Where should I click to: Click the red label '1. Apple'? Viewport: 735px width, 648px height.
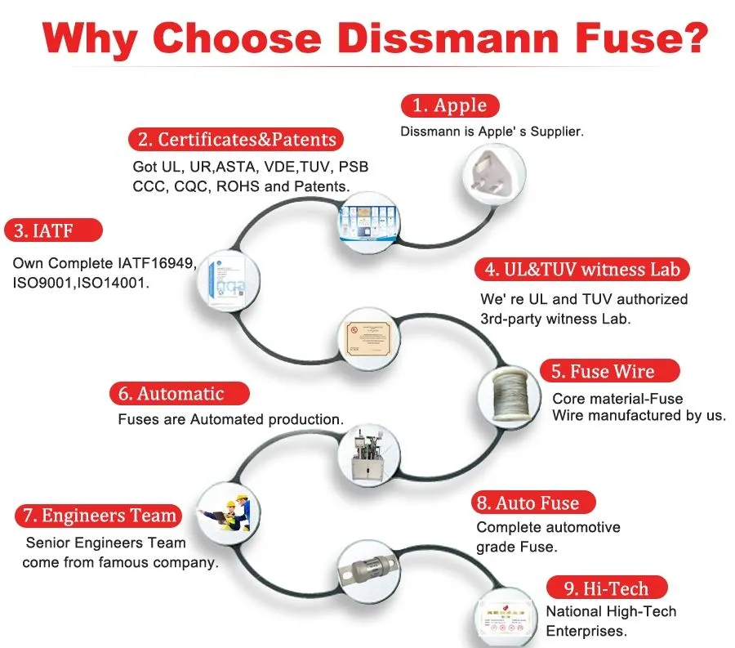point(449,105)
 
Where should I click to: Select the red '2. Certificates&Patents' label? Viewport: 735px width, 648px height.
point(236,139)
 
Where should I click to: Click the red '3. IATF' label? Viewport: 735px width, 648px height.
point(54,230)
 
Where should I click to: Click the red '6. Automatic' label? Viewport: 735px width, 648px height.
point(180,393)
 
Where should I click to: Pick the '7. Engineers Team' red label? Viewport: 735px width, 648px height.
point(98,516)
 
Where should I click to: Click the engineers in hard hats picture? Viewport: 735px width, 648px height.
point(229,516)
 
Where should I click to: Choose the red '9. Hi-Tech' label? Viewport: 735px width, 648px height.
point(606,588)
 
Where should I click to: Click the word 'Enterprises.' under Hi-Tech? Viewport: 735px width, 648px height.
point(586,631)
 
